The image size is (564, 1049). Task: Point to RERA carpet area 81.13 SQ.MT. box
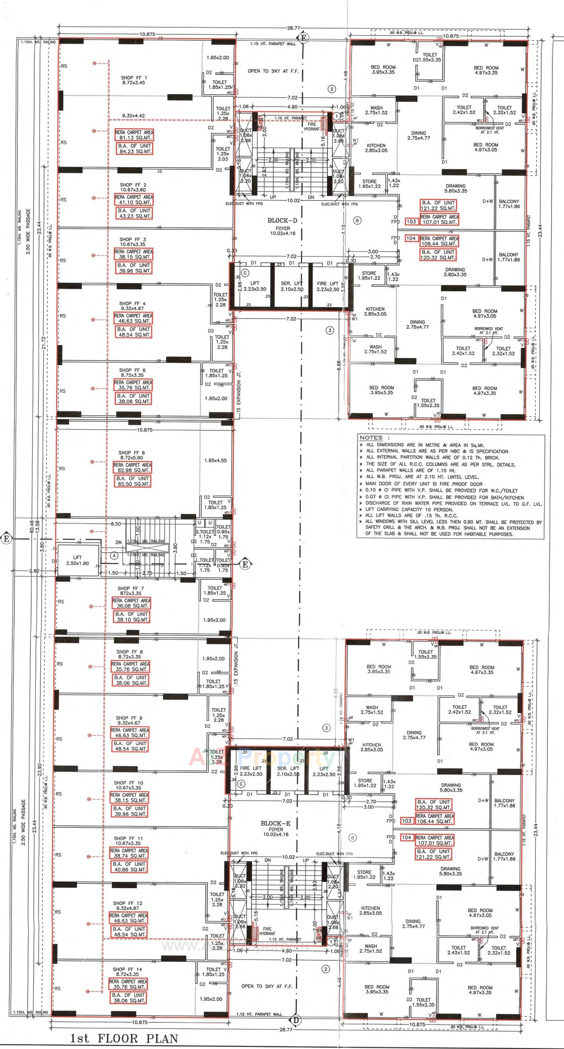(x=134, y=135)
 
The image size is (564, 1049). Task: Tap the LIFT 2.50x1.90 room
(x=77, y=560)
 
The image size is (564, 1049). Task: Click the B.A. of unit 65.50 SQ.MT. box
(x=132, y=481)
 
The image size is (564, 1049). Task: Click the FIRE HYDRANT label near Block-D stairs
(x=312, y=127)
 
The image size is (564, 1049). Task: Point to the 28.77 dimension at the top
(x=293, y=28)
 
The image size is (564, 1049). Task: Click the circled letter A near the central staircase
(x=115, y=555)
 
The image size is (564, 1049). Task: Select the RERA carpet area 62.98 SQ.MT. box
(x=132, y=468)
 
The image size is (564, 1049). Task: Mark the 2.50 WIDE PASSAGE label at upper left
(x=28, y=231)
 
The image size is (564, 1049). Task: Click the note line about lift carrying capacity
(x=409, y=510)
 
